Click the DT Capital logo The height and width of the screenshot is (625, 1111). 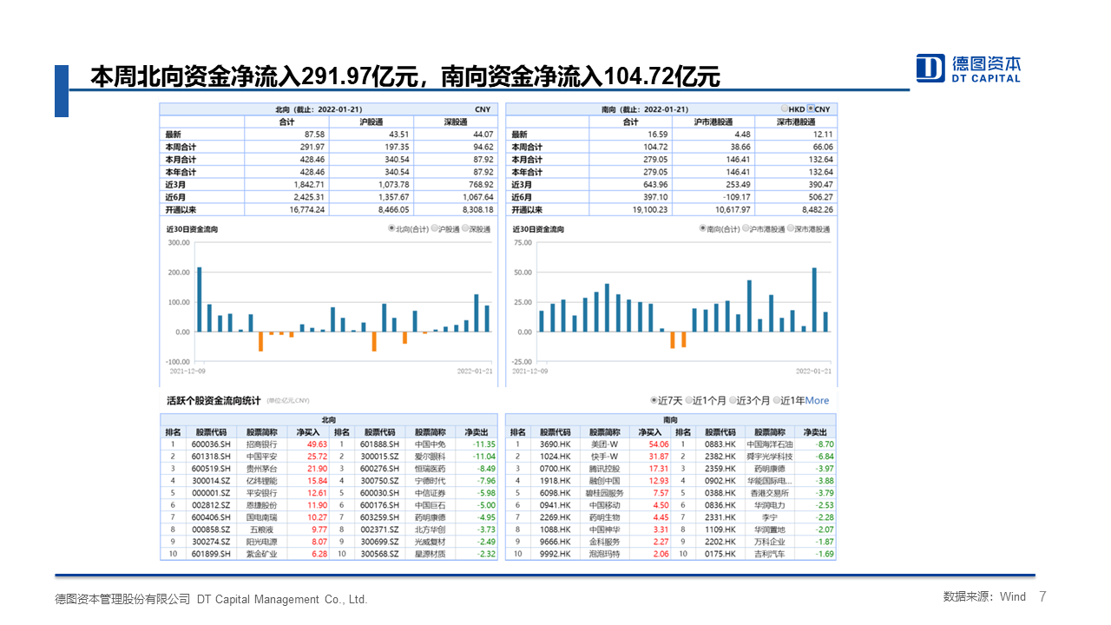pos(969,68)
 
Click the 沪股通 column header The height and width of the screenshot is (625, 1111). pos(371,122)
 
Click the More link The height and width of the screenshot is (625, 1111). pos(817,400)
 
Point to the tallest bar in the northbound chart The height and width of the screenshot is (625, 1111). pos(199,299)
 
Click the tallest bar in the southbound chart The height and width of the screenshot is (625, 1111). pos(814,299)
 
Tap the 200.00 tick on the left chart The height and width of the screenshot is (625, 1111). pos(178,273)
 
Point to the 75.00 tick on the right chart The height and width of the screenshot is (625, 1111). pos(523,243)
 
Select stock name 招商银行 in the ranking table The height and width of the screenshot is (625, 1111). pos(262,444)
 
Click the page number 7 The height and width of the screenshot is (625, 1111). pos(1042,596)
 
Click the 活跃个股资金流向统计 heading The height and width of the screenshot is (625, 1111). pos(214,400)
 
